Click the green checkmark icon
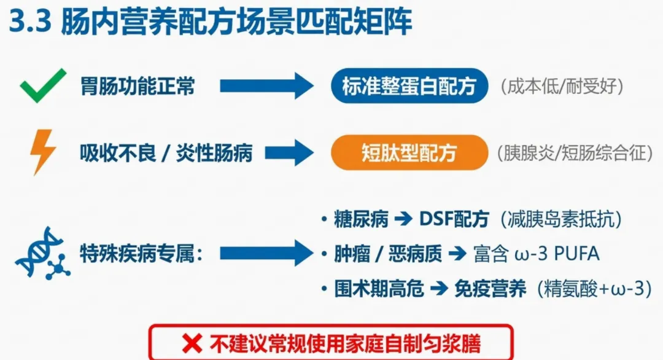pyautogui.click(x=43, y=86)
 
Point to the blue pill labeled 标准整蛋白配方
pyautogui.click(x=409, y=86)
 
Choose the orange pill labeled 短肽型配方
pyautogui.click(x=409, y=152)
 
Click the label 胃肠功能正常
pyautogui.click(x=136, y=87)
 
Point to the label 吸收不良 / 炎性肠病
pyautogui.click(x=166, y=152)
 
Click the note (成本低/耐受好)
pyautogui.click(x=561, y=87)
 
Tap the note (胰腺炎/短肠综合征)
pyautogui.click(x=573, y=152)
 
